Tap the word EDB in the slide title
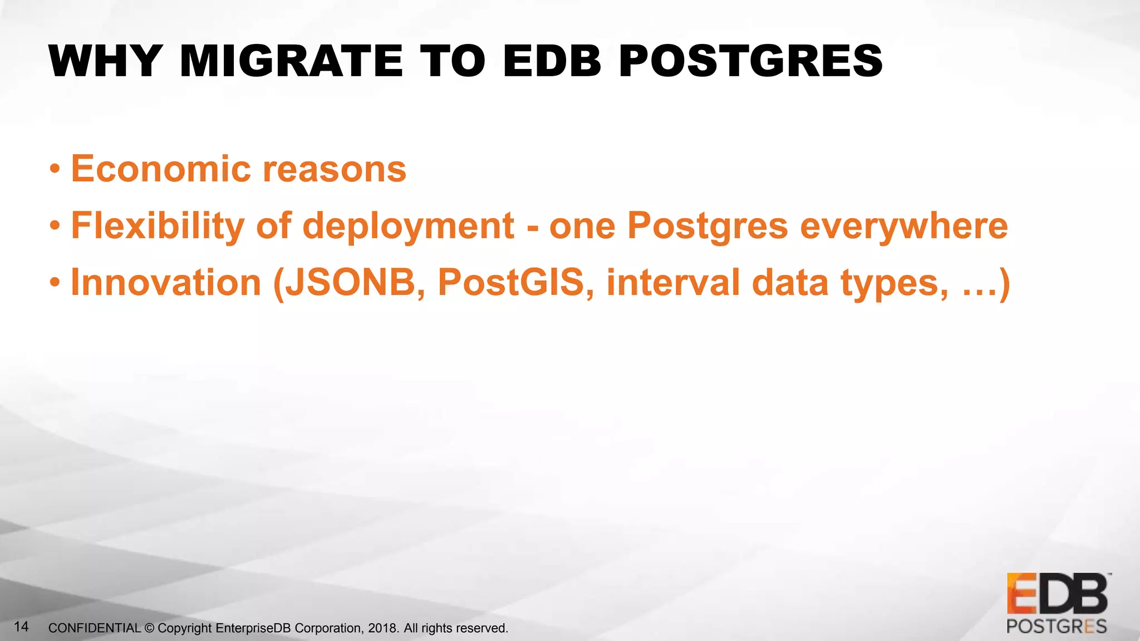pyautogui.click(x=552, y=61)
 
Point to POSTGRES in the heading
pyautogui.click(x=750, y=61)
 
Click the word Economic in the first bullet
pyautogui.click(x=161, y=169)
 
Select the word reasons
pyautogui.click(x=334, y=169)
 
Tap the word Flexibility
pyautogui.click(x=158, y=226)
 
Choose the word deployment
pyautogui.click(x=409, y=227)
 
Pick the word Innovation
pyautogui.click(x=166, y=283)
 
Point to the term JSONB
pyautogui.click(x=350, y=283)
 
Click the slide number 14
pyautogui.click(x=21, y=627)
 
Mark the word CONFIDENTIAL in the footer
pyautogui.click(x=95, y=628)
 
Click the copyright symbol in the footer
pyautogui.click(x=149, y=628)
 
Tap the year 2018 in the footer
pyautogui.click(x=383, y=628)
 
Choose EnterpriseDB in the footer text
pyautogui.click(x=253, y=628)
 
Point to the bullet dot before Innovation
pyautogui.click(x=54, y=283)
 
